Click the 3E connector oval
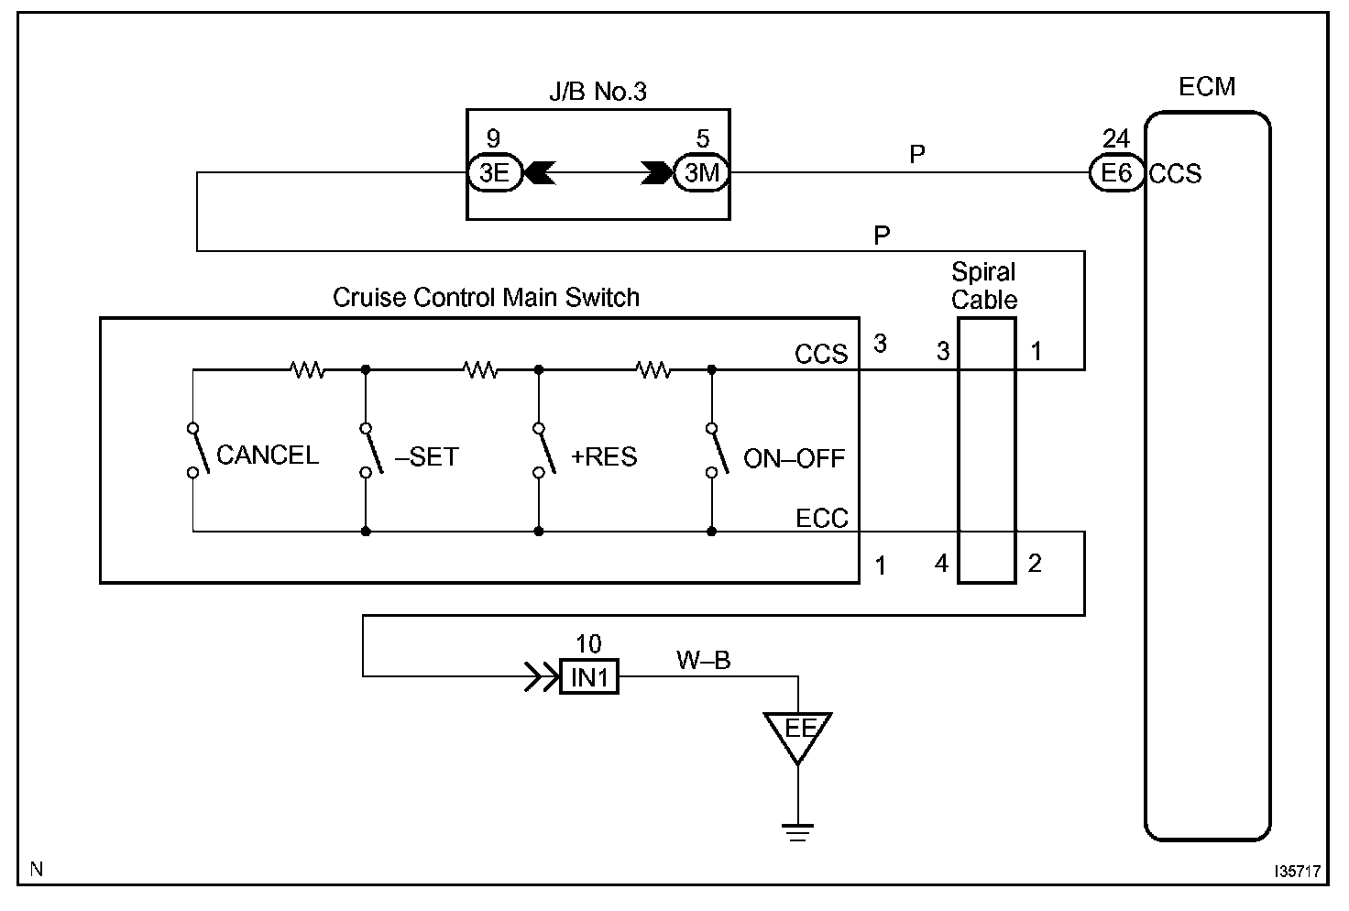494,172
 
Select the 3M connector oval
702,172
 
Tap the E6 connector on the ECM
1116,172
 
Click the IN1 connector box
589,677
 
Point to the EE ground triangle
798,732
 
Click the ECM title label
1207,87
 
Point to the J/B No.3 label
598,91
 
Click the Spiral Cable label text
984,286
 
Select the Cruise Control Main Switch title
486,297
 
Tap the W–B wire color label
703,660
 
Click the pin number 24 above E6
1115,139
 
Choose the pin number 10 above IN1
588,644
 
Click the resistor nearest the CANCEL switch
306,370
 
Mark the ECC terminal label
822,519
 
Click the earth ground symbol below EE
798,831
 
